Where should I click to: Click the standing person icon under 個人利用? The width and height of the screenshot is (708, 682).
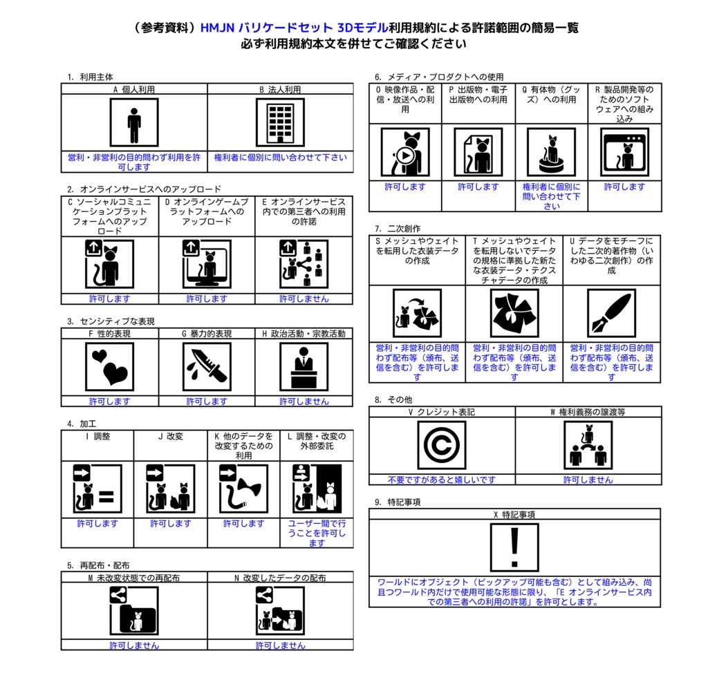pyautogui.click(x=134, y=122)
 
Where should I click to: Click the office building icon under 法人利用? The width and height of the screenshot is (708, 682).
pyautogui.click(x=280, y=122)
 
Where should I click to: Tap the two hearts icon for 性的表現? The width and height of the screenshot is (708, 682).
pyautogui.click(x=110, y=366)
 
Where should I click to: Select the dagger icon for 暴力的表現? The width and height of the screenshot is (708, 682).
pyautogui.click(x=207, y=366)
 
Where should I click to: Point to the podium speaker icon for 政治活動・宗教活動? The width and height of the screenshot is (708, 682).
pyautogui.click(x=304, y=366)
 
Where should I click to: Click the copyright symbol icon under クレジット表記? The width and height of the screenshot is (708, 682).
pyautogui.click(x=442, y=445)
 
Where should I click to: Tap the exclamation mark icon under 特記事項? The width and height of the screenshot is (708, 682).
pyautogui.click(x=514, y=547)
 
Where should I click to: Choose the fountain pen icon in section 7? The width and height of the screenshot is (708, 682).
pyautogui.click(x=611, y=313)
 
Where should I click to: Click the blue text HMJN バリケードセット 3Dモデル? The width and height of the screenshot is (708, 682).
pyautogui.click(x=294, y=28)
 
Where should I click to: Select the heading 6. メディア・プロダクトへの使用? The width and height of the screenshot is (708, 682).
pyautogui.click(x=439, y=77)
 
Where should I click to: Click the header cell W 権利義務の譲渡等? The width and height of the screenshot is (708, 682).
pyautogui.click(x=588, y=412)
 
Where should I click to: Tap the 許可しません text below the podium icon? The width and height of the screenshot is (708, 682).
pyautogui.click(x=304, y=401)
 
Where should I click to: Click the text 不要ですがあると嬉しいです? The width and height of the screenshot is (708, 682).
pyautogui.click(x=442, y=480)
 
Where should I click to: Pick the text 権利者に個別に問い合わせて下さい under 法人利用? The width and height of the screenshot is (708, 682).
pyautogui.click(x=281, y=158)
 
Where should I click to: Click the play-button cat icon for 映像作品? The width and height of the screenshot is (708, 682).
pyautogui.click(x=405, y=152)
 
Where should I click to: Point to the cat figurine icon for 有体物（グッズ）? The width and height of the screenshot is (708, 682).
pyautogui.click(x=551, y=152)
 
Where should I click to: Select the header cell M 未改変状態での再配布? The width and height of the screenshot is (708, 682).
pyautogui.click(x=134, y=578)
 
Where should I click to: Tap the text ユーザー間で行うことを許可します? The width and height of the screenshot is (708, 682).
pyautogui.click(x=317, y=533)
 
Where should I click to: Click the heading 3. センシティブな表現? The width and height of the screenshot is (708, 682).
pyautogui.click(x=111, y=321)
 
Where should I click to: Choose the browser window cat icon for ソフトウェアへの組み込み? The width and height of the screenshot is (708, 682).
pyautogui.click(x=624, y=152)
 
